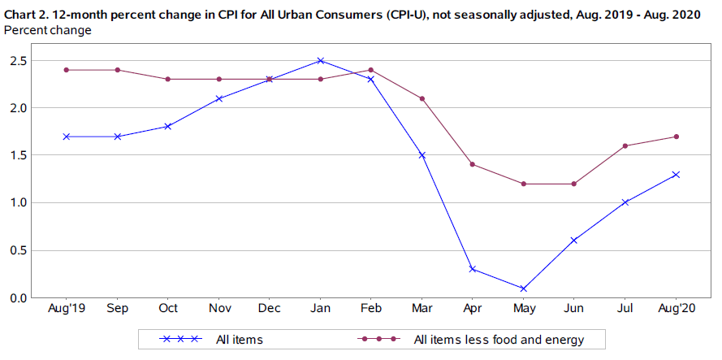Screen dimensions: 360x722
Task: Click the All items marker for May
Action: [x=524, y=288]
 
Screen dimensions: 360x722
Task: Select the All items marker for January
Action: [x=320, y=60]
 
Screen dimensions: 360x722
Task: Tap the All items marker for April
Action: [x=473, y=269]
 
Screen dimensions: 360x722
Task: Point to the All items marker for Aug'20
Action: [x=677, y=174]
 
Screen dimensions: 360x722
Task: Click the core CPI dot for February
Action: [x=371, y=70]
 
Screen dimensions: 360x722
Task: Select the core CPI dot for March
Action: [x=422, y=98]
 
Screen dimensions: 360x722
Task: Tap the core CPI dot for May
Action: [x=524, y=184]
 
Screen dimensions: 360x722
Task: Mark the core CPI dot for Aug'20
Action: [x=677, y=137]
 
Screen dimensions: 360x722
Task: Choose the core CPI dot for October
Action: [x=167, y=79]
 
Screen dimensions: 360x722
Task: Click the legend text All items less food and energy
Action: [x=499, y=339]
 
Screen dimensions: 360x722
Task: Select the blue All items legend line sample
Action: [x=180, y=339]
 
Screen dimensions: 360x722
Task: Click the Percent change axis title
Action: [x=48, y=30]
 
